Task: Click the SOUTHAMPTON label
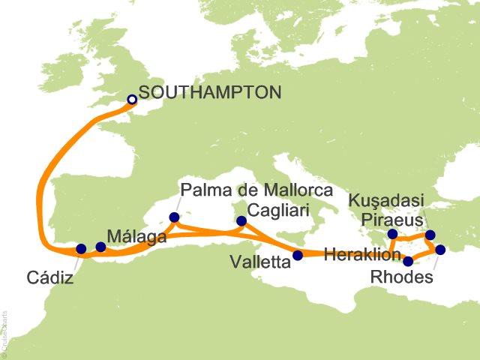[210, 93]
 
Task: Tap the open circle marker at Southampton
[132, 99]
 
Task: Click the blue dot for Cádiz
[82, 248]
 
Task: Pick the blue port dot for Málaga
[100, 247]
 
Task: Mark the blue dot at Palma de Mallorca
[174, 218]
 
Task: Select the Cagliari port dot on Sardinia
[241, 220]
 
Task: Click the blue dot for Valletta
[298, 255]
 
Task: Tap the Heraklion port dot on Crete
[408, 262]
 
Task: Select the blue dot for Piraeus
[392, 234]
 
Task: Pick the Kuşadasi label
[387, 200]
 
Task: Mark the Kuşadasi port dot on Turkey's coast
[430, 235]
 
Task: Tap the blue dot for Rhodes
[440, 250]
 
